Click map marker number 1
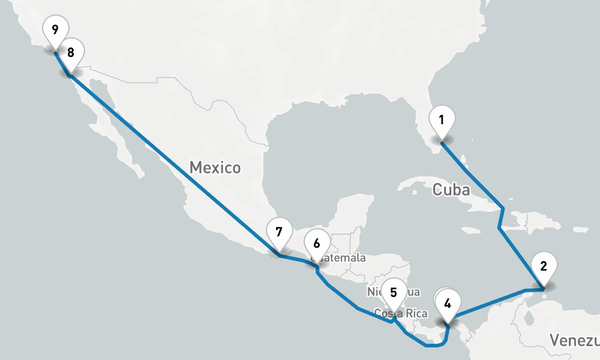441,119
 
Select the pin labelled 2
543,267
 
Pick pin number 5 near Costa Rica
393,293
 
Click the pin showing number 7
278,232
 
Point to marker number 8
71,53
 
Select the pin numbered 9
55,29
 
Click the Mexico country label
215,167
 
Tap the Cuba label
451,190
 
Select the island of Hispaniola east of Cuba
528,223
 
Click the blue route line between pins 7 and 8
174,166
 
